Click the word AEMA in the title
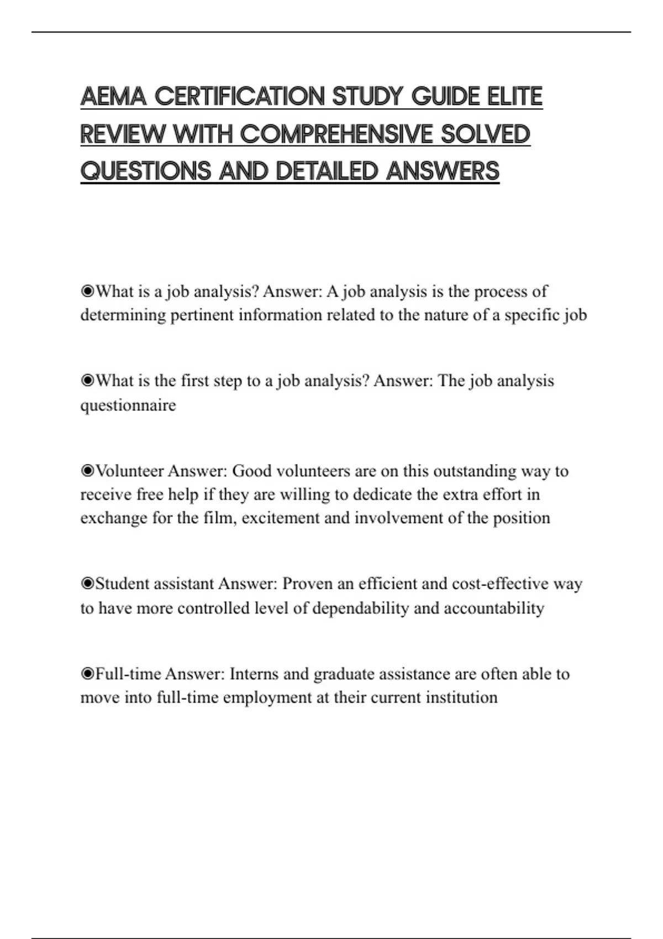point(113,97)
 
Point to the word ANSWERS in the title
point(443,171)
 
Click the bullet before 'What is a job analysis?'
point(87,291)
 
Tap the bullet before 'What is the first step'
point(87,381)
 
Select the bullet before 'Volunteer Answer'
point(87,471)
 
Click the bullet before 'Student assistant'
point(87,584)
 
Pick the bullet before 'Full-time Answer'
point(87,674)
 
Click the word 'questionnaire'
point(128,405)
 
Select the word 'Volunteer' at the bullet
point(130,471)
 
